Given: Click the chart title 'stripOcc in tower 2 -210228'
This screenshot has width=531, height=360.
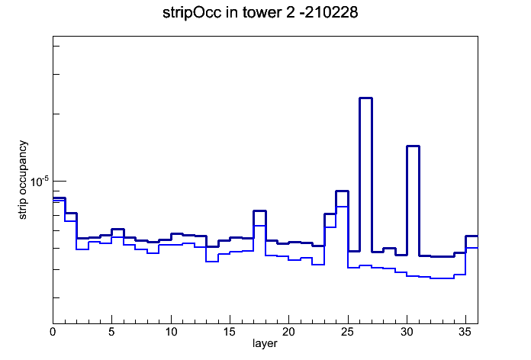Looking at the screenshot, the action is [260, 13].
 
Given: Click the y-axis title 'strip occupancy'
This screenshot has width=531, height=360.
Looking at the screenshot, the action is [22, 180].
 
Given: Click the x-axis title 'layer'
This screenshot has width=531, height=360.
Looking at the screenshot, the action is [265, 343].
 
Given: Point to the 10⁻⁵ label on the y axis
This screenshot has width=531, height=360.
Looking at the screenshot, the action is [40, 182].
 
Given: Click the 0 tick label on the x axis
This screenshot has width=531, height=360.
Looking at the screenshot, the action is [53, 332].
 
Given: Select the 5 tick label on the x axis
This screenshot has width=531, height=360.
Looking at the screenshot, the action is [111, 332].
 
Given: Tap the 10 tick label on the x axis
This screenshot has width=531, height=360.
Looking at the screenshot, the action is [171, 332].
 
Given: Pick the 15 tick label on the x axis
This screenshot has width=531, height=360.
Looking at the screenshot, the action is [230, 332].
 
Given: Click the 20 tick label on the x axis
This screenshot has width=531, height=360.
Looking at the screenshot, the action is [288, 332].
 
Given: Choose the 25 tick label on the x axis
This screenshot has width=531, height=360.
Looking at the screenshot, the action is [348, 332].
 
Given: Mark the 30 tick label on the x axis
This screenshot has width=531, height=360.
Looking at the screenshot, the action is [407, 332].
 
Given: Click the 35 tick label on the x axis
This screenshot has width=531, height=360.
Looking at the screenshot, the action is [465, 332].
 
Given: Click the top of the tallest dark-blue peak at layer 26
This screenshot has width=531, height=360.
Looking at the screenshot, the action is [365, 98].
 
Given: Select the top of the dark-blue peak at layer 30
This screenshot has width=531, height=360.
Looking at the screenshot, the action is [414, 146].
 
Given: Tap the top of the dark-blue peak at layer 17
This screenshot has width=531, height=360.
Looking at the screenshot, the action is [259, 211].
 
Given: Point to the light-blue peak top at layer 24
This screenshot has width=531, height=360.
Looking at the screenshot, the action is [342, 206].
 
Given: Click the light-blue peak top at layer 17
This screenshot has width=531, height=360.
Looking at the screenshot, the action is [259, 226].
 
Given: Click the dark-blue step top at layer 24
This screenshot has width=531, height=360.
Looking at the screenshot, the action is [342, 191].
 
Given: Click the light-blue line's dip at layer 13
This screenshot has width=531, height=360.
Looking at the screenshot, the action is [212, 262].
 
